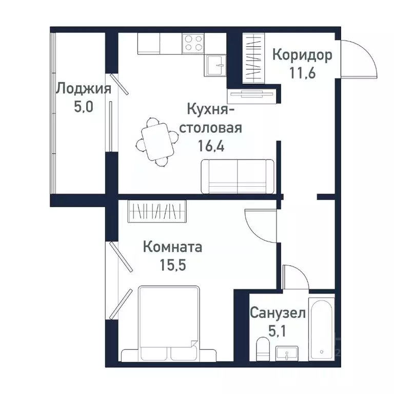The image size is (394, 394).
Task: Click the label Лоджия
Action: click(x=83, y=89)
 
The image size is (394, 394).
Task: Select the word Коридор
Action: click(x=302, y=54)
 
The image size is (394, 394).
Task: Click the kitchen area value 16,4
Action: click(x=214, y=144)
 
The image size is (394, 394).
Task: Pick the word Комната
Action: click(x=172, y=247)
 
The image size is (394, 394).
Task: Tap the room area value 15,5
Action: click(x=172, y=265)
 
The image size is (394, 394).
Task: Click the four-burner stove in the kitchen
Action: click(x=193, y=42)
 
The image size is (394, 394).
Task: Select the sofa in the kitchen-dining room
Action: click(x=238, y=176)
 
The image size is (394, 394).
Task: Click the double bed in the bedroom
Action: click(x=168, y=324)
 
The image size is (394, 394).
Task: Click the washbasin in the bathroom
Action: click(x=287, y=353)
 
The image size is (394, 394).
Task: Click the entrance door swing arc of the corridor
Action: click(x=359, y=59)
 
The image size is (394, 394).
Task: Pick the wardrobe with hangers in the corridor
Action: click(x=253, y=56)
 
